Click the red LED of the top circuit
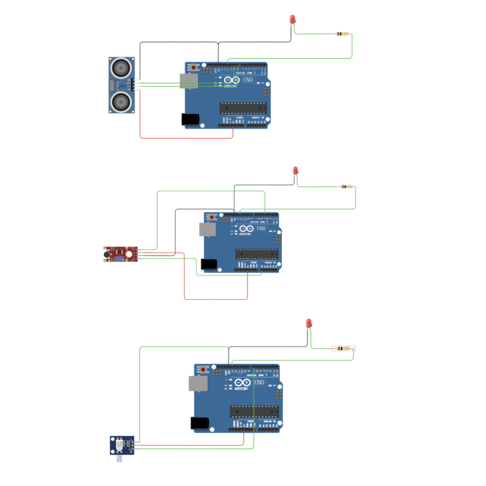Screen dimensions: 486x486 pyautogui.click(x=292, y=19)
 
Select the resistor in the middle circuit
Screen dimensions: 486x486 pyautogui.click(x=347, y=186)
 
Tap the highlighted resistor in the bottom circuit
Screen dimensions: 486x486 pyautogui.click(x=343, y=349)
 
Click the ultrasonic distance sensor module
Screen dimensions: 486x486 pyautogui.click(x=122, y=85)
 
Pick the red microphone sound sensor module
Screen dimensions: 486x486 pyautogui.click(x=120, y=254)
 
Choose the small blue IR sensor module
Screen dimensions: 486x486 pyautogui.click(x=122, y=445)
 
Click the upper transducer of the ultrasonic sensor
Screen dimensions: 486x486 pyautogui.click(x=121, y=67)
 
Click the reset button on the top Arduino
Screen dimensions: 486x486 pyautogui.click(x=194, y=67)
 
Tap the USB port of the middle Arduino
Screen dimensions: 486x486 pyautogui.click(x=208, y=229)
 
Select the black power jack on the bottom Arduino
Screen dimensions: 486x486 pyautogui.click(x=199, y=423)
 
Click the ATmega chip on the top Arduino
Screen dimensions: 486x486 pyautogui.click(x=243, y=108)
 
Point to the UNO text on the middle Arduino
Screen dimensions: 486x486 pyautogui.click(x=261, y=229)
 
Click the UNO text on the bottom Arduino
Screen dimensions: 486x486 pyautogui.click(x=259, y=383)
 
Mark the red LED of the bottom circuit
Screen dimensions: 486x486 pyautogui.click(x=309, y=323)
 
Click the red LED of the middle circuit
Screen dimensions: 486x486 pyautogui.click(x=296, y=170)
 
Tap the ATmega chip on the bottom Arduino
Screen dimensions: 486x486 pyautogui.click(x=254, y=412)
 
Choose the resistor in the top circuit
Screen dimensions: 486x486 pyautogui.click(x=342, y=34)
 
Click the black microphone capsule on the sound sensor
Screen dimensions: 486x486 pyautogui.click(x=106, y=254)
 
